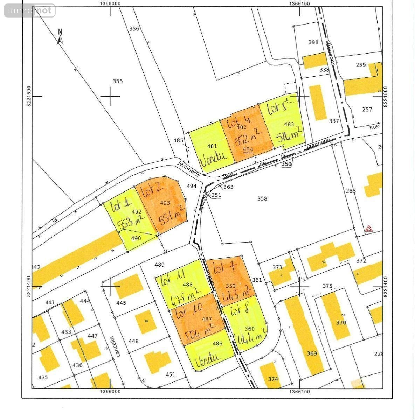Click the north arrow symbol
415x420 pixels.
tap(60, 37)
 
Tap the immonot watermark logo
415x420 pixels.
tap(30, 10)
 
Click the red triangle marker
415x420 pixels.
tap(368, 229)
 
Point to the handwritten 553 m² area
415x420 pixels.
tap(131, 222)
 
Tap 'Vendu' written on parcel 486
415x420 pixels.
tap(207, 357)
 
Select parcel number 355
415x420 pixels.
tap(118, 81)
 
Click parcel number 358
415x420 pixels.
tap(262, 198)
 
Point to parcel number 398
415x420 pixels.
tap(313, 42)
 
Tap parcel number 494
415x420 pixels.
tap(192, 186)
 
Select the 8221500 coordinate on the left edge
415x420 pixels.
tap(29, 97)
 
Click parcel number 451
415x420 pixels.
tap(170, 374)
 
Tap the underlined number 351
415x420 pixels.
tap(216, 195)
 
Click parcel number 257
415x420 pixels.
tap(367, 110)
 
